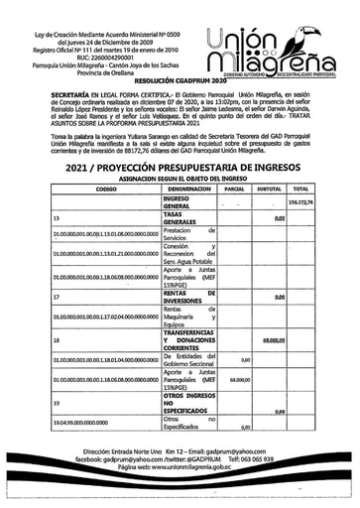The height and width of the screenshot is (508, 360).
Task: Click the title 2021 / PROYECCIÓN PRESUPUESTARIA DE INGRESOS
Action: click(180, 167)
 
